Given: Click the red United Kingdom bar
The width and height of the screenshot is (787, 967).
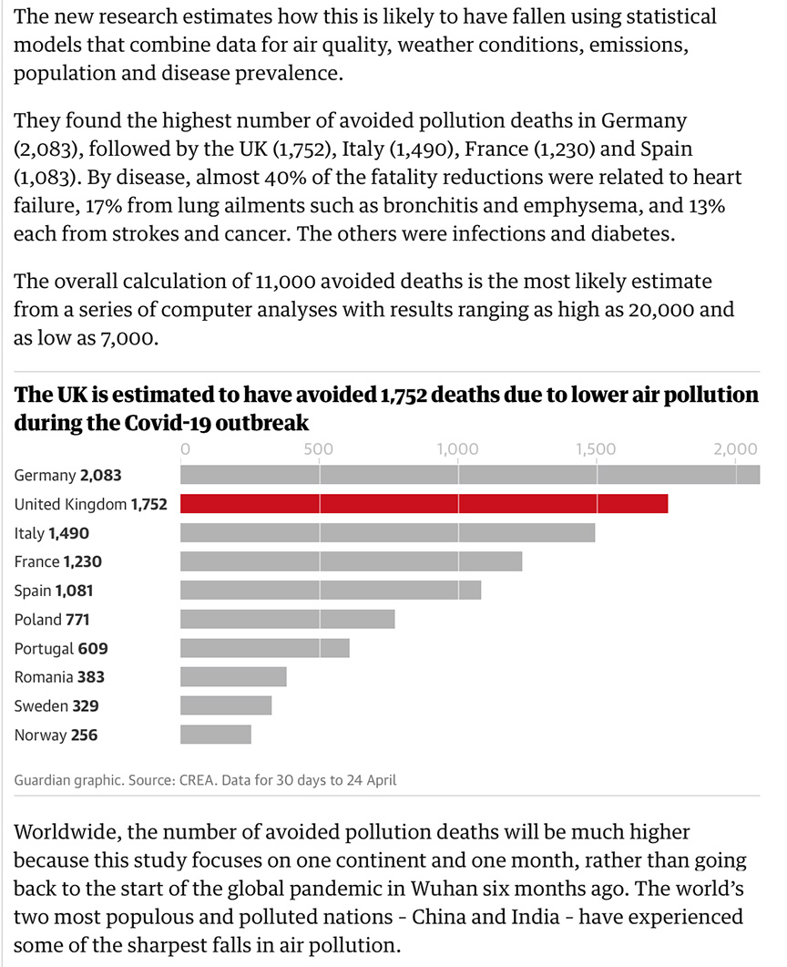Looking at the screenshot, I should point(424,504).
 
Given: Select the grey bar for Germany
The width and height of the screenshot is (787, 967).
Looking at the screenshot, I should point(470,475).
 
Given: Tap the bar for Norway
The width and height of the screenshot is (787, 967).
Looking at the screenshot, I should point(216,735).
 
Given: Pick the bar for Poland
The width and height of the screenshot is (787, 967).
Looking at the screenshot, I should point(288,620).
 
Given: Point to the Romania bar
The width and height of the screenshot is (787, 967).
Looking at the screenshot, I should point(234,677).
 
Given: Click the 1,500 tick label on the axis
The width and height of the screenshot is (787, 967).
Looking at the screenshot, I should point(596,449).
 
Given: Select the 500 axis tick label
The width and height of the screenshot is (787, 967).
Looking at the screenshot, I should point(318,449).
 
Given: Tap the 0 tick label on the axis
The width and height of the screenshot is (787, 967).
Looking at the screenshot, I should point(185,449).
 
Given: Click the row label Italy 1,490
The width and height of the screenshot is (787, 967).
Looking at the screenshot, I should point(52,533).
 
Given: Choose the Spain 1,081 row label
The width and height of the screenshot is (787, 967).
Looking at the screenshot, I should point(54,591).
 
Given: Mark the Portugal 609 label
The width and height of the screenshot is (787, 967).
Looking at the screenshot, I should point(61,649).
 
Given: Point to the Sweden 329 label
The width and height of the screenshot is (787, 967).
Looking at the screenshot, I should point(56,706).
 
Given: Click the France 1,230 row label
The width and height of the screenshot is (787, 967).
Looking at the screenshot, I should point(58,562).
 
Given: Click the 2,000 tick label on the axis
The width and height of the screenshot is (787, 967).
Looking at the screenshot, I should point(735,449).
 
